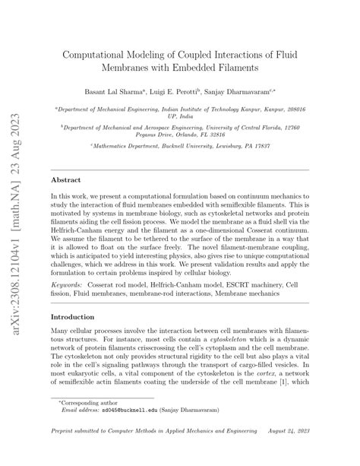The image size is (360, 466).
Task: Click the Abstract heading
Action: click(x=66, y=179)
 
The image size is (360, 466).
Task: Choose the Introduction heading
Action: click(x=74, y=317)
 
